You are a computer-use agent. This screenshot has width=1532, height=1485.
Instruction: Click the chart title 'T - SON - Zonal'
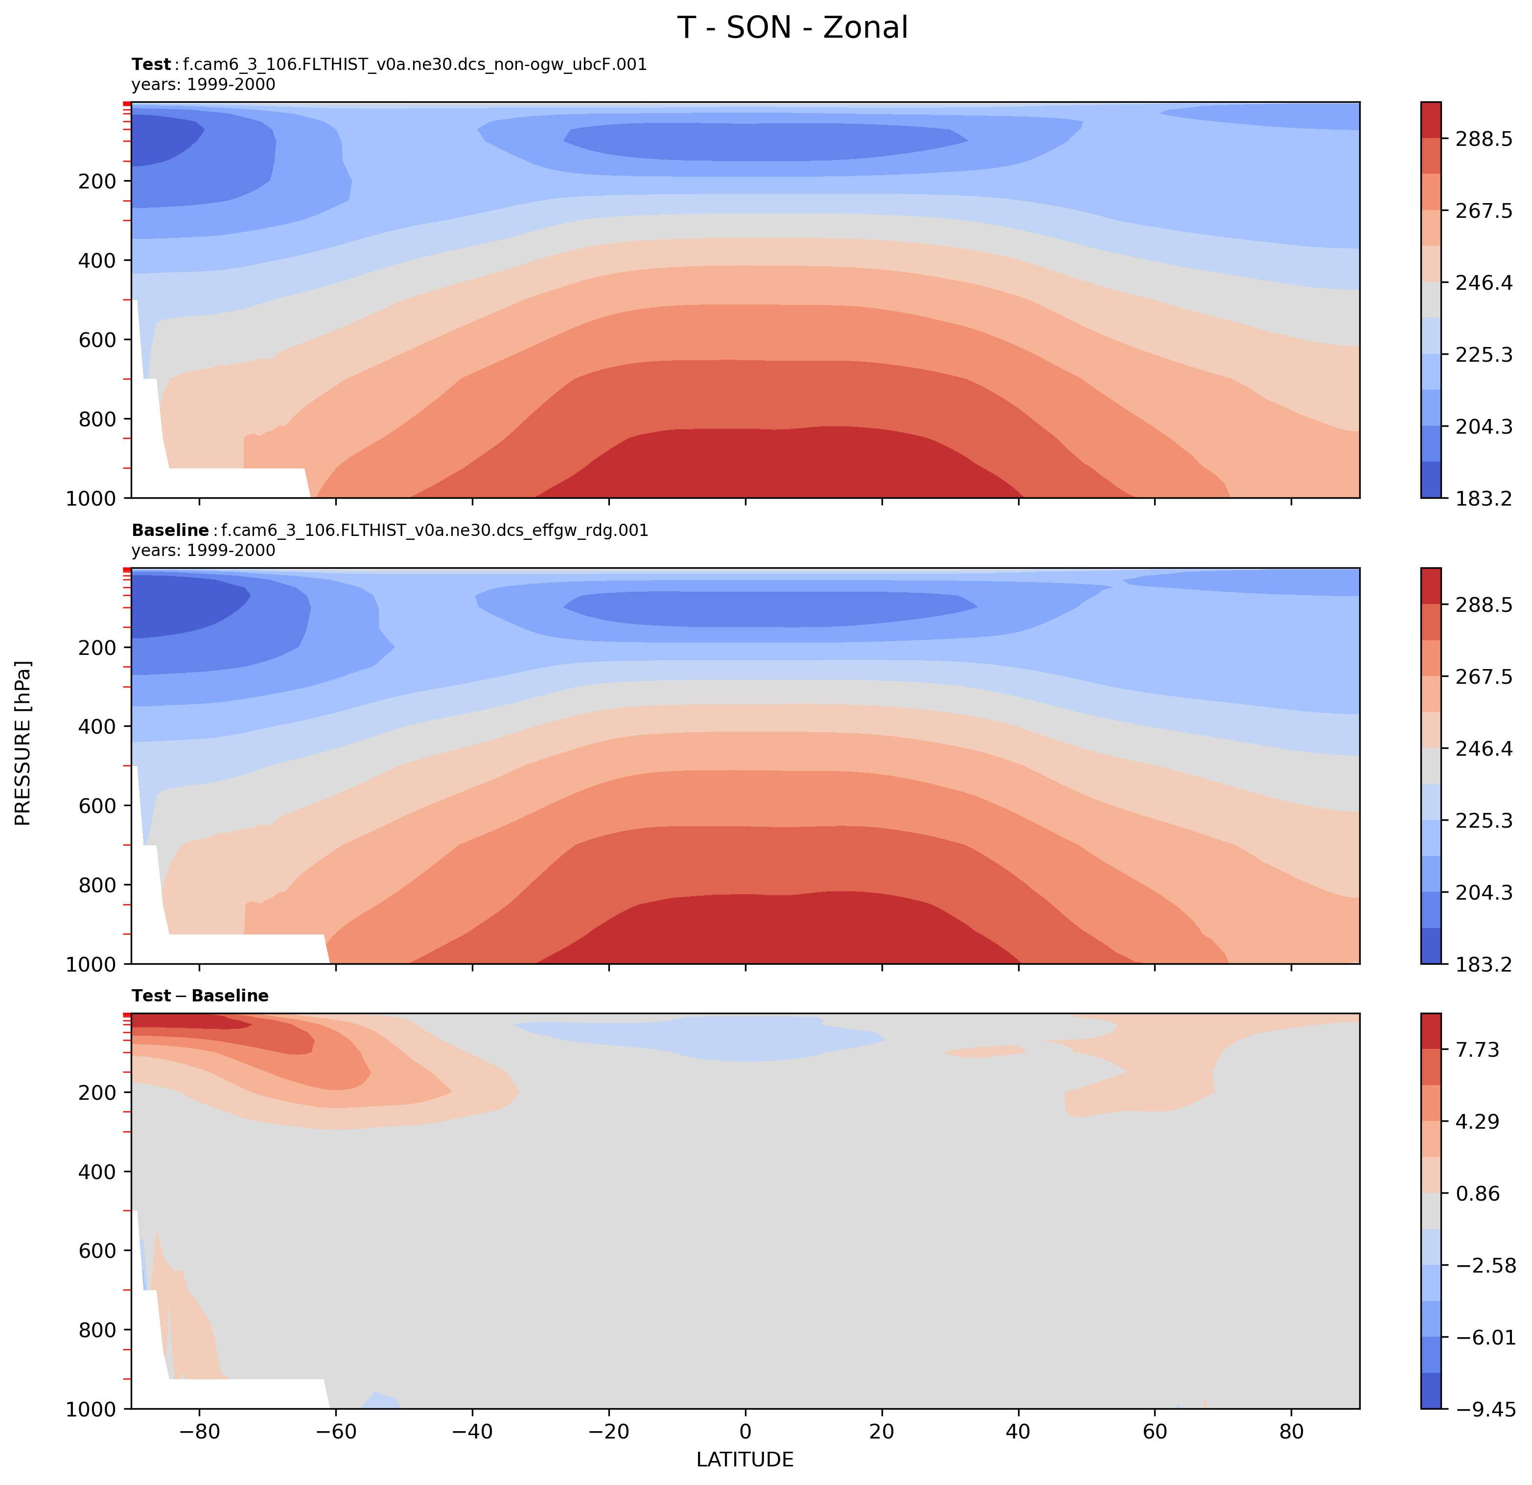coord(792,28)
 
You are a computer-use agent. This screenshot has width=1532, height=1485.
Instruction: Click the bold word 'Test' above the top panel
coord(151,65)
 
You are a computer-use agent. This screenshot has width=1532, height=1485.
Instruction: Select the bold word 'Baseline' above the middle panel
coord(170,531)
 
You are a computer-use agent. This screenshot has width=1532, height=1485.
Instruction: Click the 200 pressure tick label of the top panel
coord(98,181)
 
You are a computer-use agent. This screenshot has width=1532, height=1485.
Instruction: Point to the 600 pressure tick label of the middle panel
coord(98,806)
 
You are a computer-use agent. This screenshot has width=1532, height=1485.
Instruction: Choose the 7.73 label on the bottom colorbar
coord(1477,1050)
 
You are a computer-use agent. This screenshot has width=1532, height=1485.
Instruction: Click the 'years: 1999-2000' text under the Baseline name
coord(203,550)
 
